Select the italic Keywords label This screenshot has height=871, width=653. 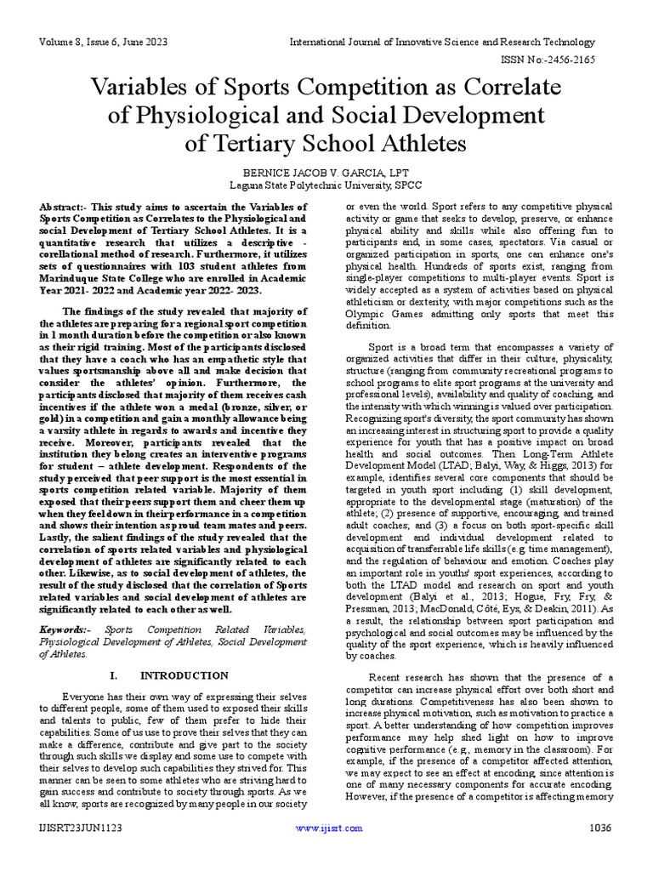[x=64, y=629]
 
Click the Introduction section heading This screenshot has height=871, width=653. [x=184, y=675]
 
